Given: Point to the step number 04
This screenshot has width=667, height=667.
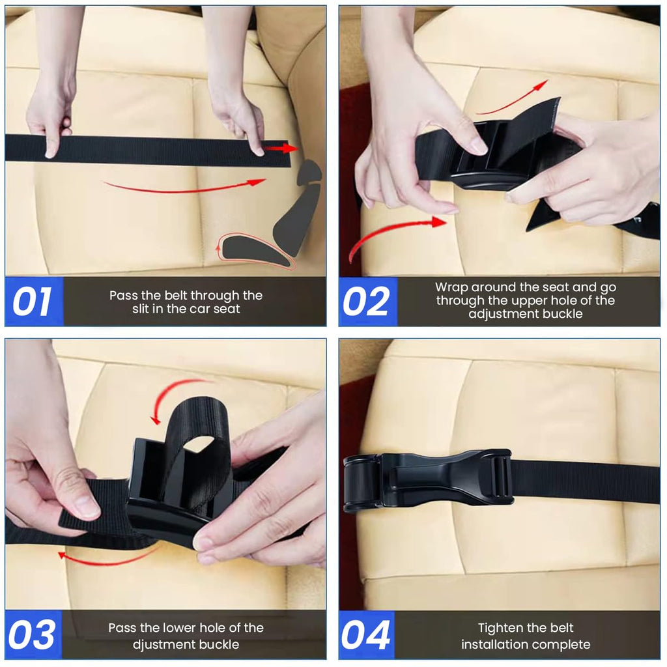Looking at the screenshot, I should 367,635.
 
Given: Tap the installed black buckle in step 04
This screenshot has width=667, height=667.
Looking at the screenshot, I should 427,481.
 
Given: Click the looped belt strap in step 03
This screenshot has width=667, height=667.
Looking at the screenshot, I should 195,443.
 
